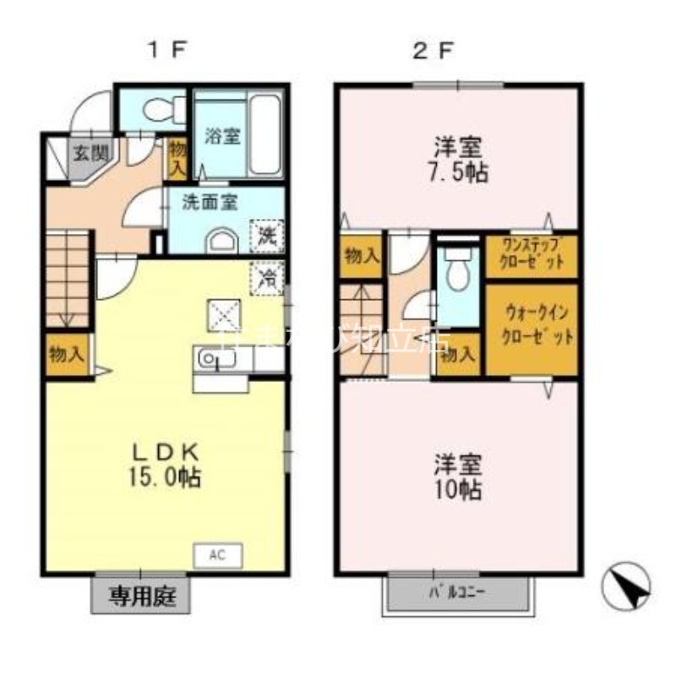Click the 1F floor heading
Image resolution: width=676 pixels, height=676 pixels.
click(167, 48)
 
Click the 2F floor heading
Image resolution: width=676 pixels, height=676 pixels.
click(433, 48)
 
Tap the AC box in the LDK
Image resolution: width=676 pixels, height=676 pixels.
click(218, 555)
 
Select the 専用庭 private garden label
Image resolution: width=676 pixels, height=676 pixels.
click(141, 597)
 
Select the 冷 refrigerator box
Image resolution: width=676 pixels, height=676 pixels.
click(267, 275)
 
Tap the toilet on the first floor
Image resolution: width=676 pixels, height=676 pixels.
click(160, 109)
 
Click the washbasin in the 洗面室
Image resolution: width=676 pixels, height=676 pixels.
click(222, 242)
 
